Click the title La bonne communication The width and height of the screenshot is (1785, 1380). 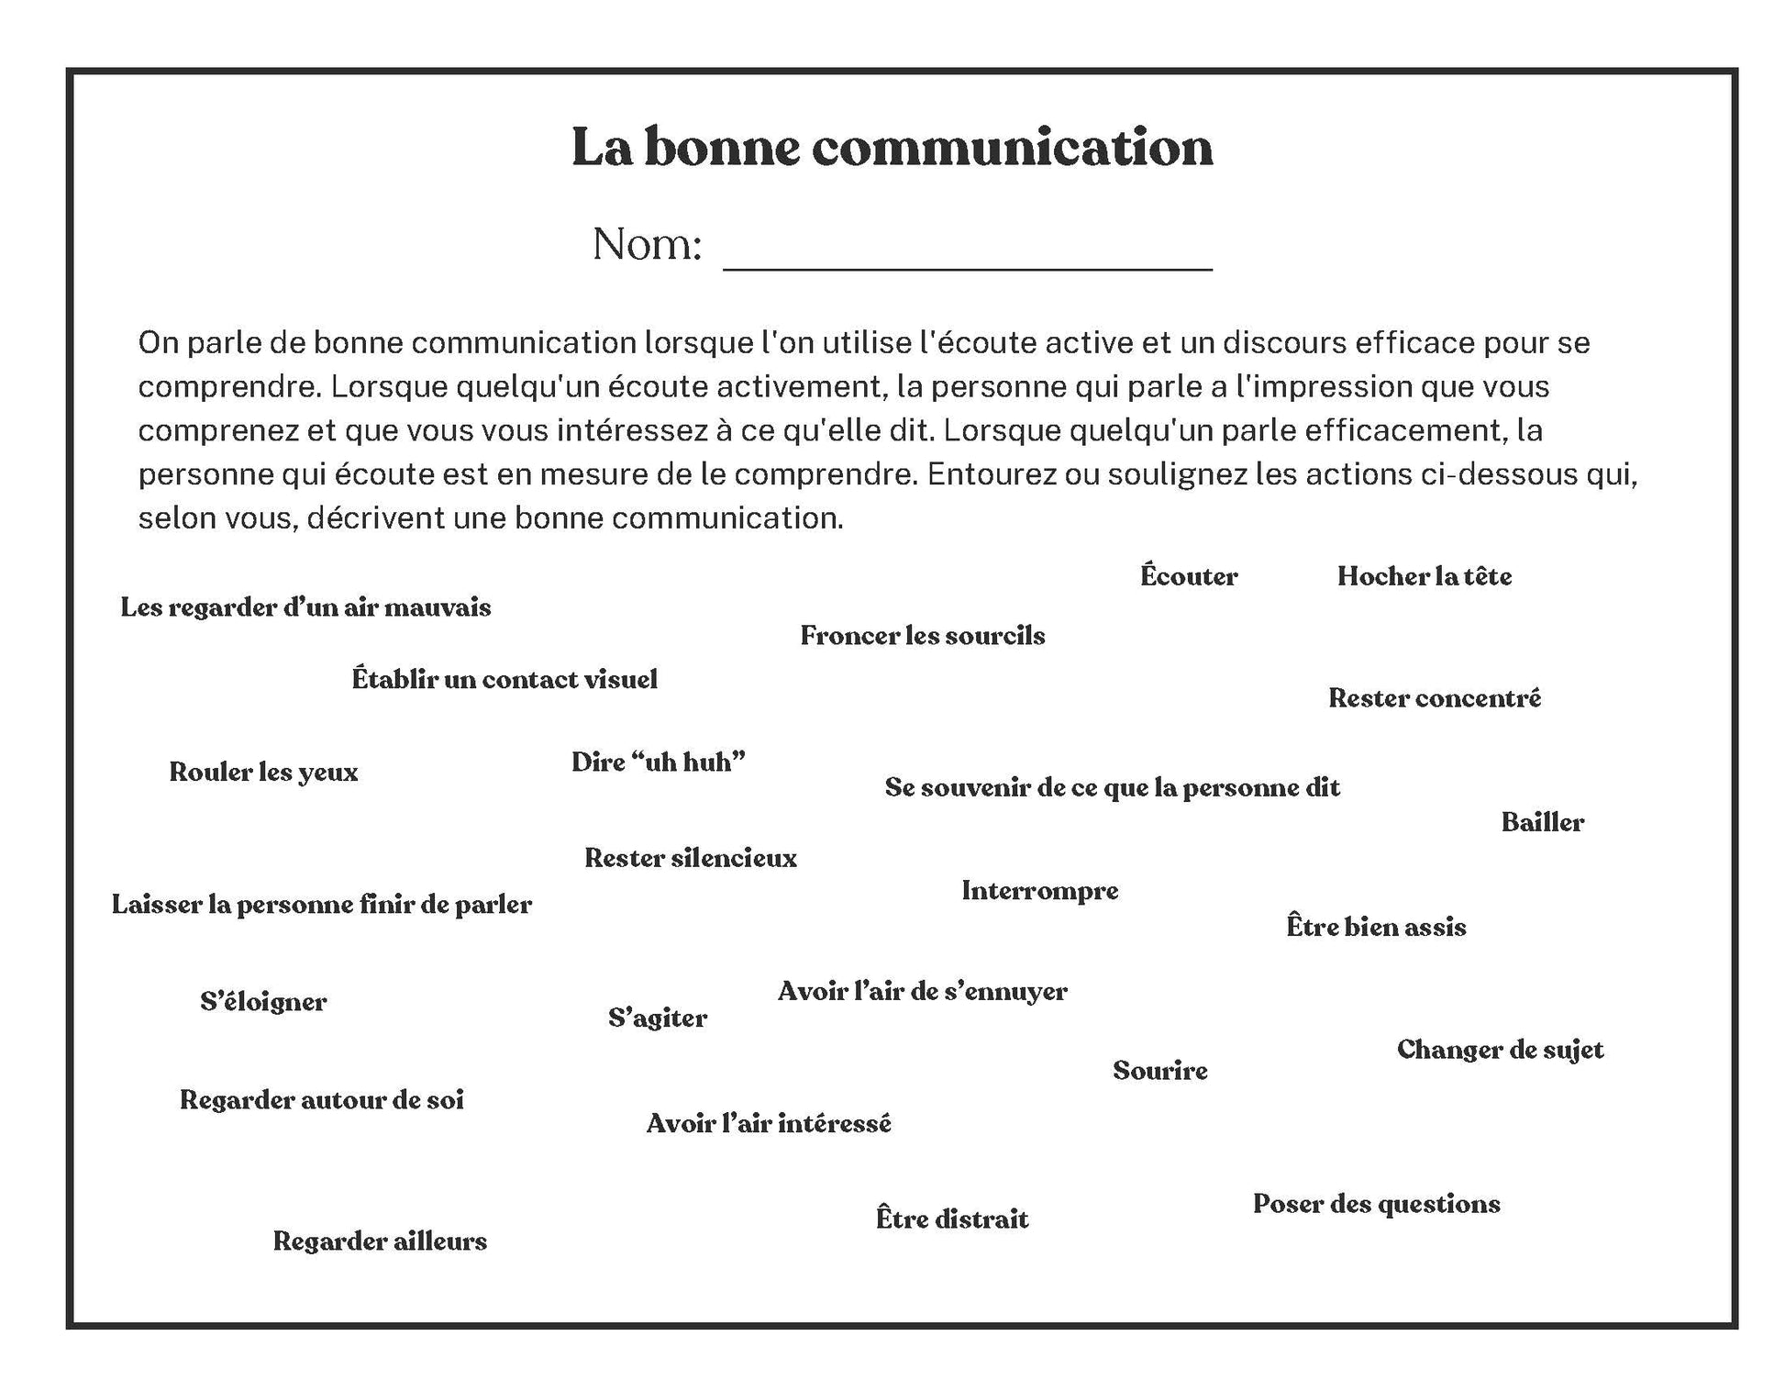coord(892,147)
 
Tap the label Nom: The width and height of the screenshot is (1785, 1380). coord(647,245)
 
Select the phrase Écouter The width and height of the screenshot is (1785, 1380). coord(1189,576)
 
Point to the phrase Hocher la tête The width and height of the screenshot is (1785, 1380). coord(1424,576)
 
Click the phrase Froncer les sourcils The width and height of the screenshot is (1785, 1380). coord(922,636)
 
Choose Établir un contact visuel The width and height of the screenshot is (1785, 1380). coord(504,680)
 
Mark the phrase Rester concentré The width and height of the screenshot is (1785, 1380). coord(1435,698)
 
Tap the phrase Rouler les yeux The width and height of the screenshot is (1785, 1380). coord(263,773)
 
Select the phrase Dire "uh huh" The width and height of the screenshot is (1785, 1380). coord(658,762)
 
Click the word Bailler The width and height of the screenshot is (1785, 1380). coord(1542,822)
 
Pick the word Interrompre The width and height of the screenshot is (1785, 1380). coord(1039,891)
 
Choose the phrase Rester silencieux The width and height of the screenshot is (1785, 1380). coord(690,859)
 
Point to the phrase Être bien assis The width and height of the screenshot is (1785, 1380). coord(1376,927)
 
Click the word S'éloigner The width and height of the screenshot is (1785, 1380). coord(263,1002)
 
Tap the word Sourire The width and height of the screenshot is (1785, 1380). coord(1159,1071)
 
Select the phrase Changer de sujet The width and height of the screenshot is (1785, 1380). coord(1500,1050)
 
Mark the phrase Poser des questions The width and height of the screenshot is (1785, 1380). coord(1376,1204)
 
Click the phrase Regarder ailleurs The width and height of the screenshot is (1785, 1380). coord(380,1241)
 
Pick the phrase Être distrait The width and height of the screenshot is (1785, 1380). coord(952,1219)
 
